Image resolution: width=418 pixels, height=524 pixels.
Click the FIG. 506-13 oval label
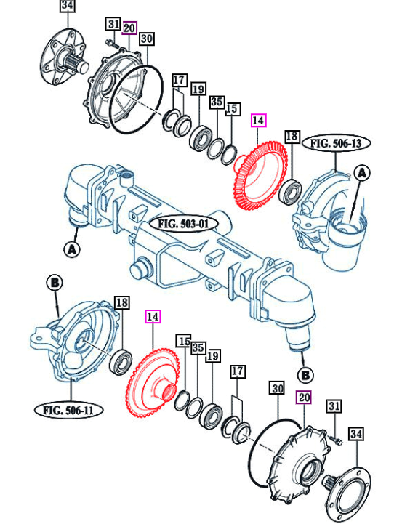click(336, 143)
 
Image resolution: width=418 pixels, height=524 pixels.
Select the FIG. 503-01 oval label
click(184, 224)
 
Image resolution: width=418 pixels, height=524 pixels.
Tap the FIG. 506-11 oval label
click(68, 409)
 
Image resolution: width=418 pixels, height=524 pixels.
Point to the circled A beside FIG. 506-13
click(362, 173)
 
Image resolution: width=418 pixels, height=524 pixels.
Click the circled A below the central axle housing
click(71, 249)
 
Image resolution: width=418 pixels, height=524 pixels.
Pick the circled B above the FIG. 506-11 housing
click(55, 283)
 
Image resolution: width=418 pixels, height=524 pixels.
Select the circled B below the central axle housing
click(305, 375)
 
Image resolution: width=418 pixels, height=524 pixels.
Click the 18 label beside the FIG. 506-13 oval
click(292, 136)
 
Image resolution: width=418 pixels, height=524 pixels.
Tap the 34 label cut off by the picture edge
click(67, 6)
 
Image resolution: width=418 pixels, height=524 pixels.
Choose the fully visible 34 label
click(355, 434)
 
